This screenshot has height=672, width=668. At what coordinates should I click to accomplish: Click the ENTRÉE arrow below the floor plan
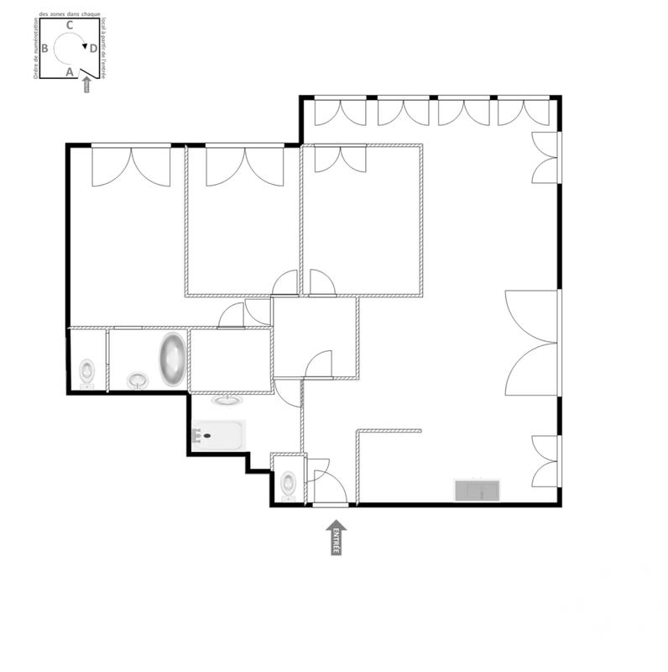[337, 538]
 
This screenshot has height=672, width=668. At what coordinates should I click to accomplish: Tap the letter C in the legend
[70, 25]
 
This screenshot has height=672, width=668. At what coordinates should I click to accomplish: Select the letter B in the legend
[44, 48]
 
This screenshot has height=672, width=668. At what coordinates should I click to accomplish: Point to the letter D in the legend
[93, 49]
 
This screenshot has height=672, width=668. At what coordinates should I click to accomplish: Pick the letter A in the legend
[70, 72]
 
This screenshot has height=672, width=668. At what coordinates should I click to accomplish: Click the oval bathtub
[173, 360]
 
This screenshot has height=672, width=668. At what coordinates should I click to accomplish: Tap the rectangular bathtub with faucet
[217, 435]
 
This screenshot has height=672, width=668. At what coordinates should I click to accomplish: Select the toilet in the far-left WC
[86, 370]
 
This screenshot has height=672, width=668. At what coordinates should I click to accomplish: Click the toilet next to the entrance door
[289, 482]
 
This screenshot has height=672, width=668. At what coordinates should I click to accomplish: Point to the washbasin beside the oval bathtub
[138, 381]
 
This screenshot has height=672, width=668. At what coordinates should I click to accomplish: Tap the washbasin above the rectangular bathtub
[227, 401]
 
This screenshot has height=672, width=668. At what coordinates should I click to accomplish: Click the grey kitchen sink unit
[476, 490]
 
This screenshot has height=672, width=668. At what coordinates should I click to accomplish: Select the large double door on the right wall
[534, 343]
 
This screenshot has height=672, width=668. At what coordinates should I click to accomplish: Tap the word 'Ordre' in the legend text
[36, 71]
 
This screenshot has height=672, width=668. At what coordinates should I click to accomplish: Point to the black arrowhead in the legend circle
[85, 46]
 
